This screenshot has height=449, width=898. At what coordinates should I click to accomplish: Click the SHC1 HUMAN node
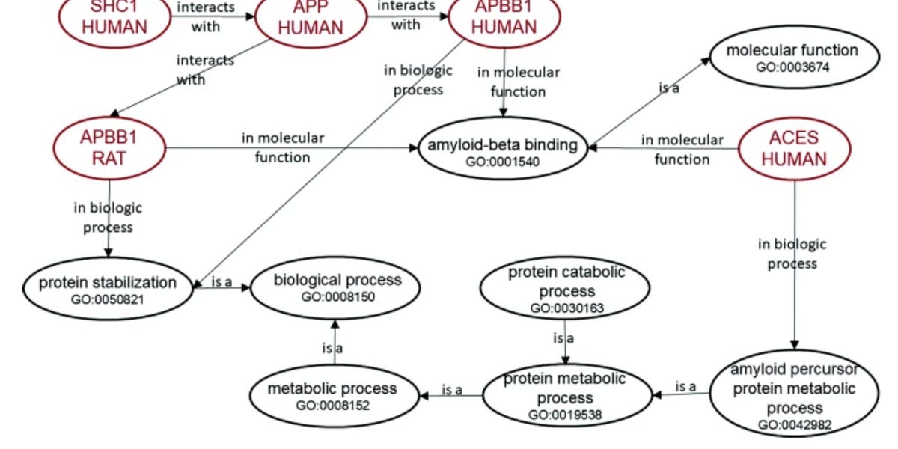click(x=114, y=19)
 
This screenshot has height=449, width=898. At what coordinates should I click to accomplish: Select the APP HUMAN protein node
click(x=310, y=19)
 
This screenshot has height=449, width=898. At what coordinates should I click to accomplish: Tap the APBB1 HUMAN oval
click(x=504, y=19)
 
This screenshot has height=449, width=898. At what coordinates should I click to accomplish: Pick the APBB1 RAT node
click(x=109, y=147)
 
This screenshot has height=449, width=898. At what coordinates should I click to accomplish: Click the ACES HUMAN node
click(x=793, y=148)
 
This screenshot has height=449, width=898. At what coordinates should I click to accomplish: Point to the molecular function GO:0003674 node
click(x=792, y=57)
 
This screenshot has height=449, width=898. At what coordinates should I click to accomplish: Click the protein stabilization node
click(x=108, y=288)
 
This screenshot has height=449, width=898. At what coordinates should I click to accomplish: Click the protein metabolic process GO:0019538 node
click(x=564, y=395)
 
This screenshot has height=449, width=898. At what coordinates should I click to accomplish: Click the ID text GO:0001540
click(x=502, y=162)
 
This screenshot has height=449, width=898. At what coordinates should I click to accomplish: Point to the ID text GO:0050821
click(x=108, y=298)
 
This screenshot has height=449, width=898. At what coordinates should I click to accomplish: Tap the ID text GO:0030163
click(x=566, y=308)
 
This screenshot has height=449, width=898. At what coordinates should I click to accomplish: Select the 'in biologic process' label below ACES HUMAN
click(x=792, y=254)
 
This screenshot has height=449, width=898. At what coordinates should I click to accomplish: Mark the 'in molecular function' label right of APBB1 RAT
click(x=282, y=147)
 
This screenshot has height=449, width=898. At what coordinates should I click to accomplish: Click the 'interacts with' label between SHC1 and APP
click(x=206, y=16)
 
